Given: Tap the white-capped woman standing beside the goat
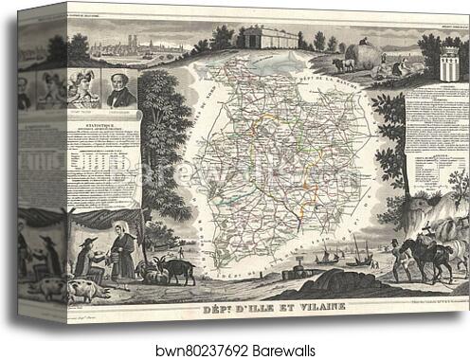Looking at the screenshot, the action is coord(122,253).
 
